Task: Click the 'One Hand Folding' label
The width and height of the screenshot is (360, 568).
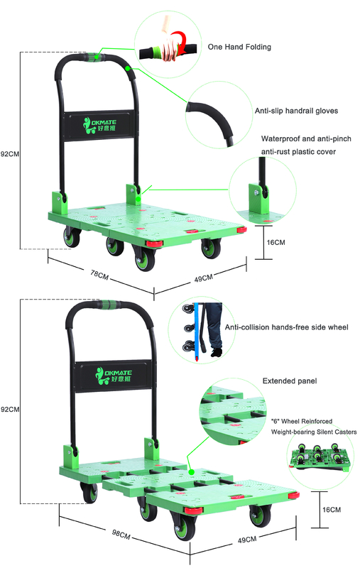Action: (239, 47)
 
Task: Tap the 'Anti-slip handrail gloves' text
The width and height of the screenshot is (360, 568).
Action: (296, 111)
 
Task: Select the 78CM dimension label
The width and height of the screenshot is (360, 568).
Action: (99, 275)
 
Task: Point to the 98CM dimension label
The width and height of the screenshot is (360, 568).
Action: (121, 535)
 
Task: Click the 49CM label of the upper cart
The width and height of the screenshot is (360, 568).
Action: (204, 278)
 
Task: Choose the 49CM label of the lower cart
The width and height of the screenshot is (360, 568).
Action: (247, 540)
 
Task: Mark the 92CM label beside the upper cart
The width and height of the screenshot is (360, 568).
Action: (10, 154)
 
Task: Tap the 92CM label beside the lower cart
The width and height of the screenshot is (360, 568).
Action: (10, 410)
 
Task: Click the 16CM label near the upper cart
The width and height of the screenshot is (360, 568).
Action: (276, 242)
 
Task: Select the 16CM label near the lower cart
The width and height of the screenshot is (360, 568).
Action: (332, 510)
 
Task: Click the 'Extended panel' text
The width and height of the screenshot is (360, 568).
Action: (290, 381)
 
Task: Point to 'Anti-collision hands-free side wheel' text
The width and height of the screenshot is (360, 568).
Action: (286, 327)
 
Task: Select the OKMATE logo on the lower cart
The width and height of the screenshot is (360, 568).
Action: (113, 376)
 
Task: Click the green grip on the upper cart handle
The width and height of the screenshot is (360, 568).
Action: (95, 56)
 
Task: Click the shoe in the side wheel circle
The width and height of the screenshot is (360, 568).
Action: (217, 352)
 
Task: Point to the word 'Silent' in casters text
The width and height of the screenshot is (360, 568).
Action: (325, 432)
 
